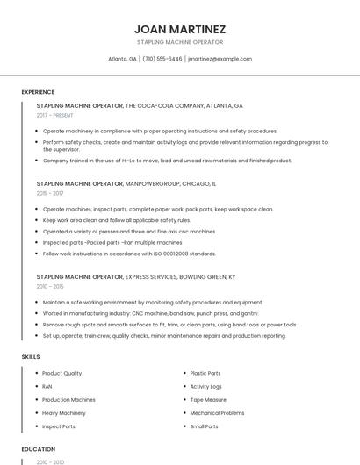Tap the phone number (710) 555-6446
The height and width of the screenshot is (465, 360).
(x=162, y=59)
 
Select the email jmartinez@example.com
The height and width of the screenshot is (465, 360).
(x=220, y=59)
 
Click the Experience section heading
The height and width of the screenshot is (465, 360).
(x=38, y=92)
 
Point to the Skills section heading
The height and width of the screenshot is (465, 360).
(x=31, y=356)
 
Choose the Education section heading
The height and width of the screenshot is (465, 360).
(x=38, y=449)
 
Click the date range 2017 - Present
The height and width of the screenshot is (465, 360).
(x=56, y=115)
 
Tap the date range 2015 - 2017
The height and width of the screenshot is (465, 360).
(x=50, y=193)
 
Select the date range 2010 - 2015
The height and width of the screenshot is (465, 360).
(x=50, y=286)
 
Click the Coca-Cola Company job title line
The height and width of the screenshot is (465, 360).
(x=140, y=105)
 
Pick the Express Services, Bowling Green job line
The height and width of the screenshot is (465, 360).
(x=136, y=276)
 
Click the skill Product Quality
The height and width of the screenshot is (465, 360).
(x=61, y=373)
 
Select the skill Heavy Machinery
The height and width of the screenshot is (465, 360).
(x=64, y=412)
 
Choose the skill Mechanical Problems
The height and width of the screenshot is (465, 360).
(x=217, y=412)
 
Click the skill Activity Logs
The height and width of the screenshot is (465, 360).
(x=205, y=386)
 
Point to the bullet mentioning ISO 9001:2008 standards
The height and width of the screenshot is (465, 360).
(x=129, y=254)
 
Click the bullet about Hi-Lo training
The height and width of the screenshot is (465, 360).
(x=167, y=161)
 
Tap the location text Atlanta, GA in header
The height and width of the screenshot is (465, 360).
(x=122, y=59)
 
